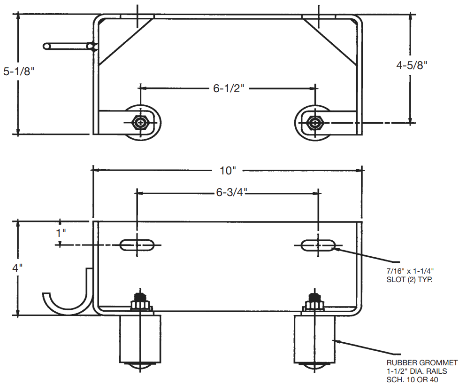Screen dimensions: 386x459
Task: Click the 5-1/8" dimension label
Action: (19, 72)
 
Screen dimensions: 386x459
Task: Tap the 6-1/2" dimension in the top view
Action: (229, 88)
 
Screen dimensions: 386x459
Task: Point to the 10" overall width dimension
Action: (228, 170)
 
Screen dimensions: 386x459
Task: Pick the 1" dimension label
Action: (61, 232)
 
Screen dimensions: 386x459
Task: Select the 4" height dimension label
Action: (18, 268)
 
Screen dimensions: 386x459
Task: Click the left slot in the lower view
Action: (138, 244)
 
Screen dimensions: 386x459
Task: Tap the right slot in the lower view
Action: (318, 244)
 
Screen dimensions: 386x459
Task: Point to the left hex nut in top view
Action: (140, 123)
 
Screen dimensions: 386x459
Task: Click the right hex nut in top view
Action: (313, 123)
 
